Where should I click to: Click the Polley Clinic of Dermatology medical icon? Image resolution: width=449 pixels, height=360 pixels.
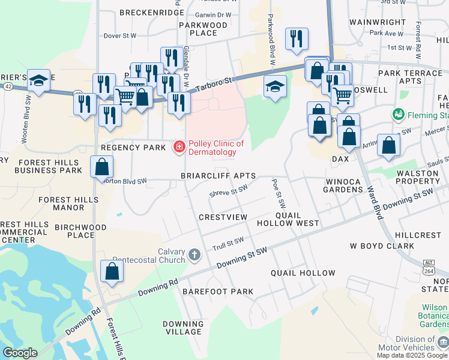point(178,147)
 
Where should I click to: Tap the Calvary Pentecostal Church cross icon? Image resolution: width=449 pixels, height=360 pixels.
point(194,255)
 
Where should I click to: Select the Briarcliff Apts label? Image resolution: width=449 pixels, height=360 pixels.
point(218,176)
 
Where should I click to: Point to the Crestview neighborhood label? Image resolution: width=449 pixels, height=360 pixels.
point(223,217)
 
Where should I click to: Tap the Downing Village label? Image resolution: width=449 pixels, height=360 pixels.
point(183,328)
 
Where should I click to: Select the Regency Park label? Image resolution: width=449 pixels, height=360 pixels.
point(133,148)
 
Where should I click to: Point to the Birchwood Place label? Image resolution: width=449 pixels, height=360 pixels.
point(80,232)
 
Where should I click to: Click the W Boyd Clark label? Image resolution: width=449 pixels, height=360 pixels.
point(382,246)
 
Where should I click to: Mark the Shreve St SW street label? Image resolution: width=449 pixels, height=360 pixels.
point(228,191)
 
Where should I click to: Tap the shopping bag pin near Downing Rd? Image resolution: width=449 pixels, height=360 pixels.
point(112,271)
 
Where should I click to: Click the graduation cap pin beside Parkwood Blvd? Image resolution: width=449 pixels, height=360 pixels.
point(275,87)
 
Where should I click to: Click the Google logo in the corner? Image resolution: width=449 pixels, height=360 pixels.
point(20,353)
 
